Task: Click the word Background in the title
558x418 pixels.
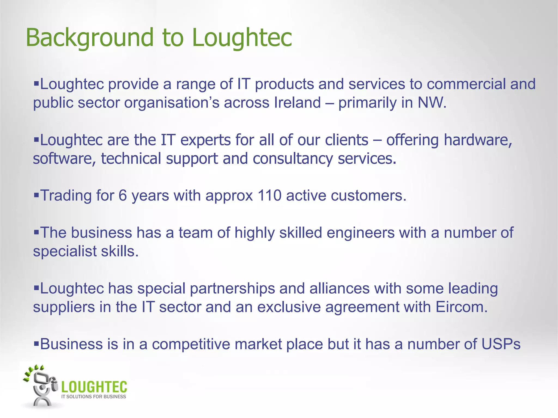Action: coord(90,38)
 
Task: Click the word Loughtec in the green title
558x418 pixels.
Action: coord(242,38)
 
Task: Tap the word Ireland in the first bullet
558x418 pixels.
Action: coord(298,103)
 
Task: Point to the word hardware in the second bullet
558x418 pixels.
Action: coord(477,140)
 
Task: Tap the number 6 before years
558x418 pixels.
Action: coord(123,195)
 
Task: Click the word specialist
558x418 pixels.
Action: coord(65,251)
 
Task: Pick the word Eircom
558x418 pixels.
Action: coord(461,307)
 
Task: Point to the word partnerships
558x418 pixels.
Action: coord(232,288)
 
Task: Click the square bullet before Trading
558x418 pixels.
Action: coord(36,195)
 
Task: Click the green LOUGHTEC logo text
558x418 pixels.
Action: coord(94,386)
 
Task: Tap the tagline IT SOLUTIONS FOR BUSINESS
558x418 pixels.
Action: coord(94,397)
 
